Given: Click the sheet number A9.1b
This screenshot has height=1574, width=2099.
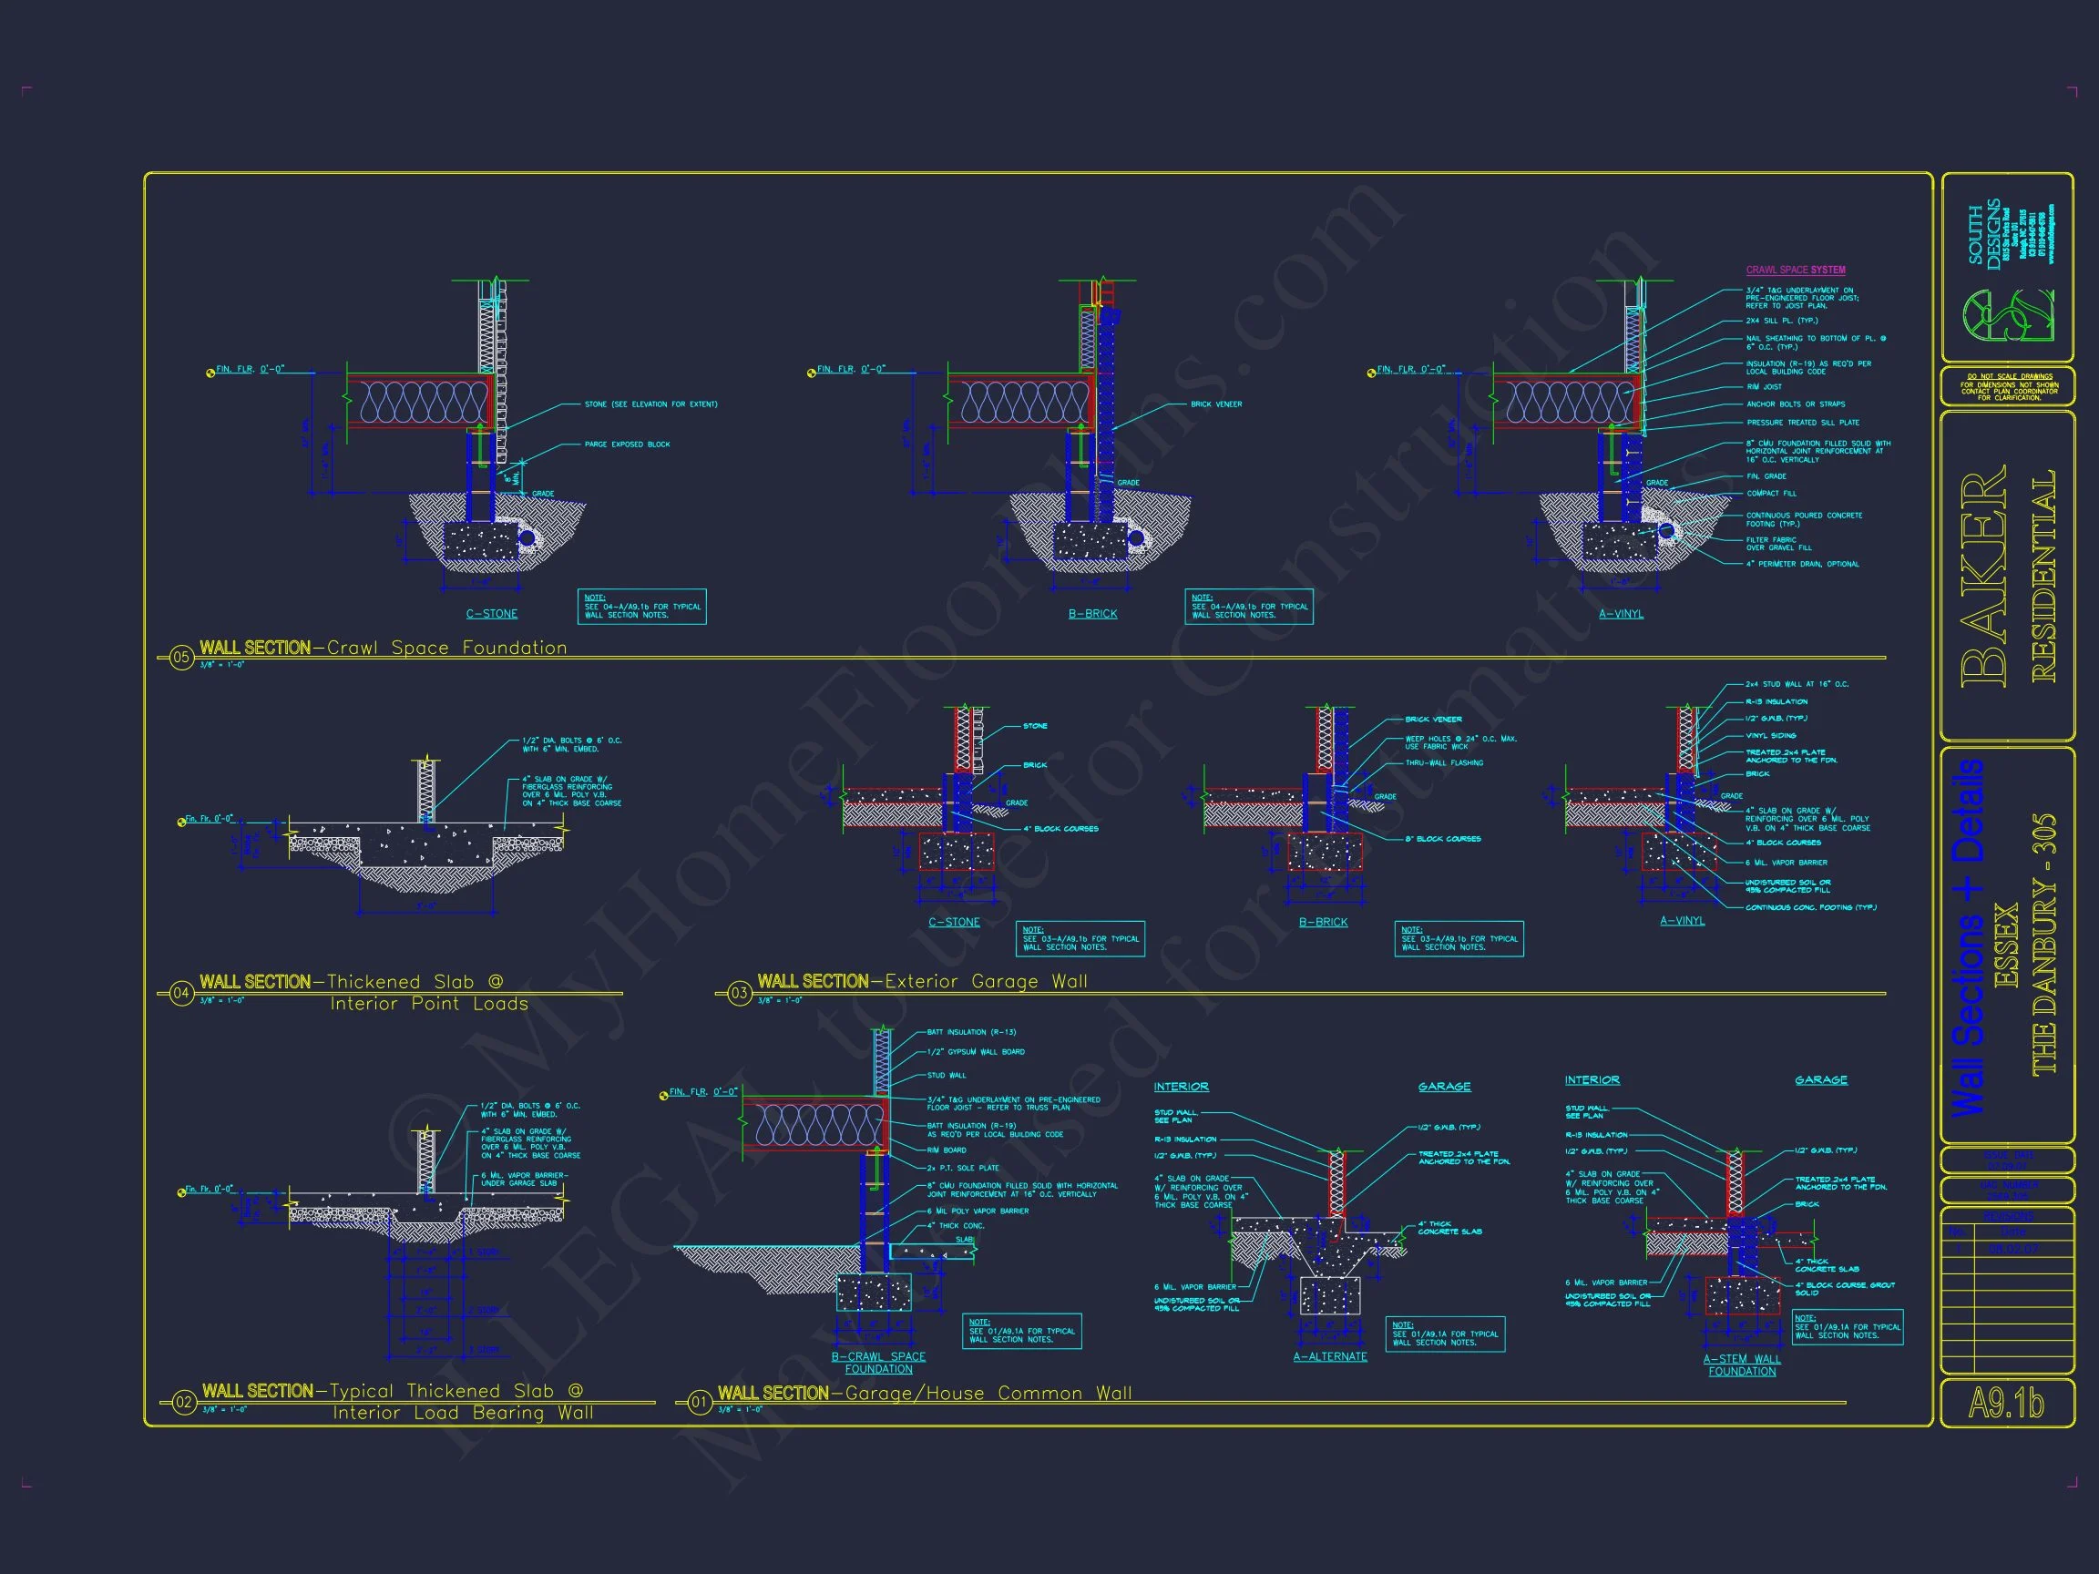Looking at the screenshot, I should (2006, 1404).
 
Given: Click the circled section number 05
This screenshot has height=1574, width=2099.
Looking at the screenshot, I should (181, 658).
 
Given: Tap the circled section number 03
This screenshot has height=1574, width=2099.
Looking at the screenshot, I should (739, 994).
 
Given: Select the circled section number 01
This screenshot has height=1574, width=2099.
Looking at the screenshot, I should (700, 1402).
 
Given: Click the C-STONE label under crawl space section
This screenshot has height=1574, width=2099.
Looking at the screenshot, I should (492, 614).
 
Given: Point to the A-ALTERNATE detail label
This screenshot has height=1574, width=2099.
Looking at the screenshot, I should (1329, 1356).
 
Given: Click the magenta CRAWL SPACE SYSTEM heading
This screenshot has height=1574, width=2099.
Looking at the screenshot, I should (1796, 271).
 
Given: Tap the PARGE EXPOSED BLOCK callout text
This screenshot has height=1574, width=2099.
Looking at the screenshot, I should (627, 444).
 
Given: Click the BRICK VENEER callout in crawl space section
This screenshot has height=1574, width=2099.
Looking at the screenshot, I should (1215, 404).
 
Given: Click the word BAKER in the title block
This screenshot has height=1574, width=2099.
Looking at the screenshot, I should (1983, 577).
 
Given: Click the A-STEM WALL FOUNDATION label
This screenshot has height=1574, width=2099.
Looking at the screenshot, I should (1741, 1364).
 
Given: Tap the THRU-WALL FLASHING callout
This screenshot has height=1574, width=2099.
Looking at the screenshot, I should (1443, 762).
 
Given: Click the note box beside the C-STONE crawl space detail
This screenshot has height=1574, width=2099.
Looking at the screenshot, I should (641, 608).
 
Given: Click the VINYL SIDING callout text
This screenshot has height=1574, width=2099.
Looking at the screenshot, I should (1771, 735).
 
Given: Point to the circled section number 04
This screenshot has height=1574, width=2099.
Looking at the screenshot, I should (181, 994).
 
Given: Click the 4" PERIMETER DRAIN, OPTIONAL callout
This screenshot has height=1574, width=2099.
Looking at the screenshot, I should (1802, 564).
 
